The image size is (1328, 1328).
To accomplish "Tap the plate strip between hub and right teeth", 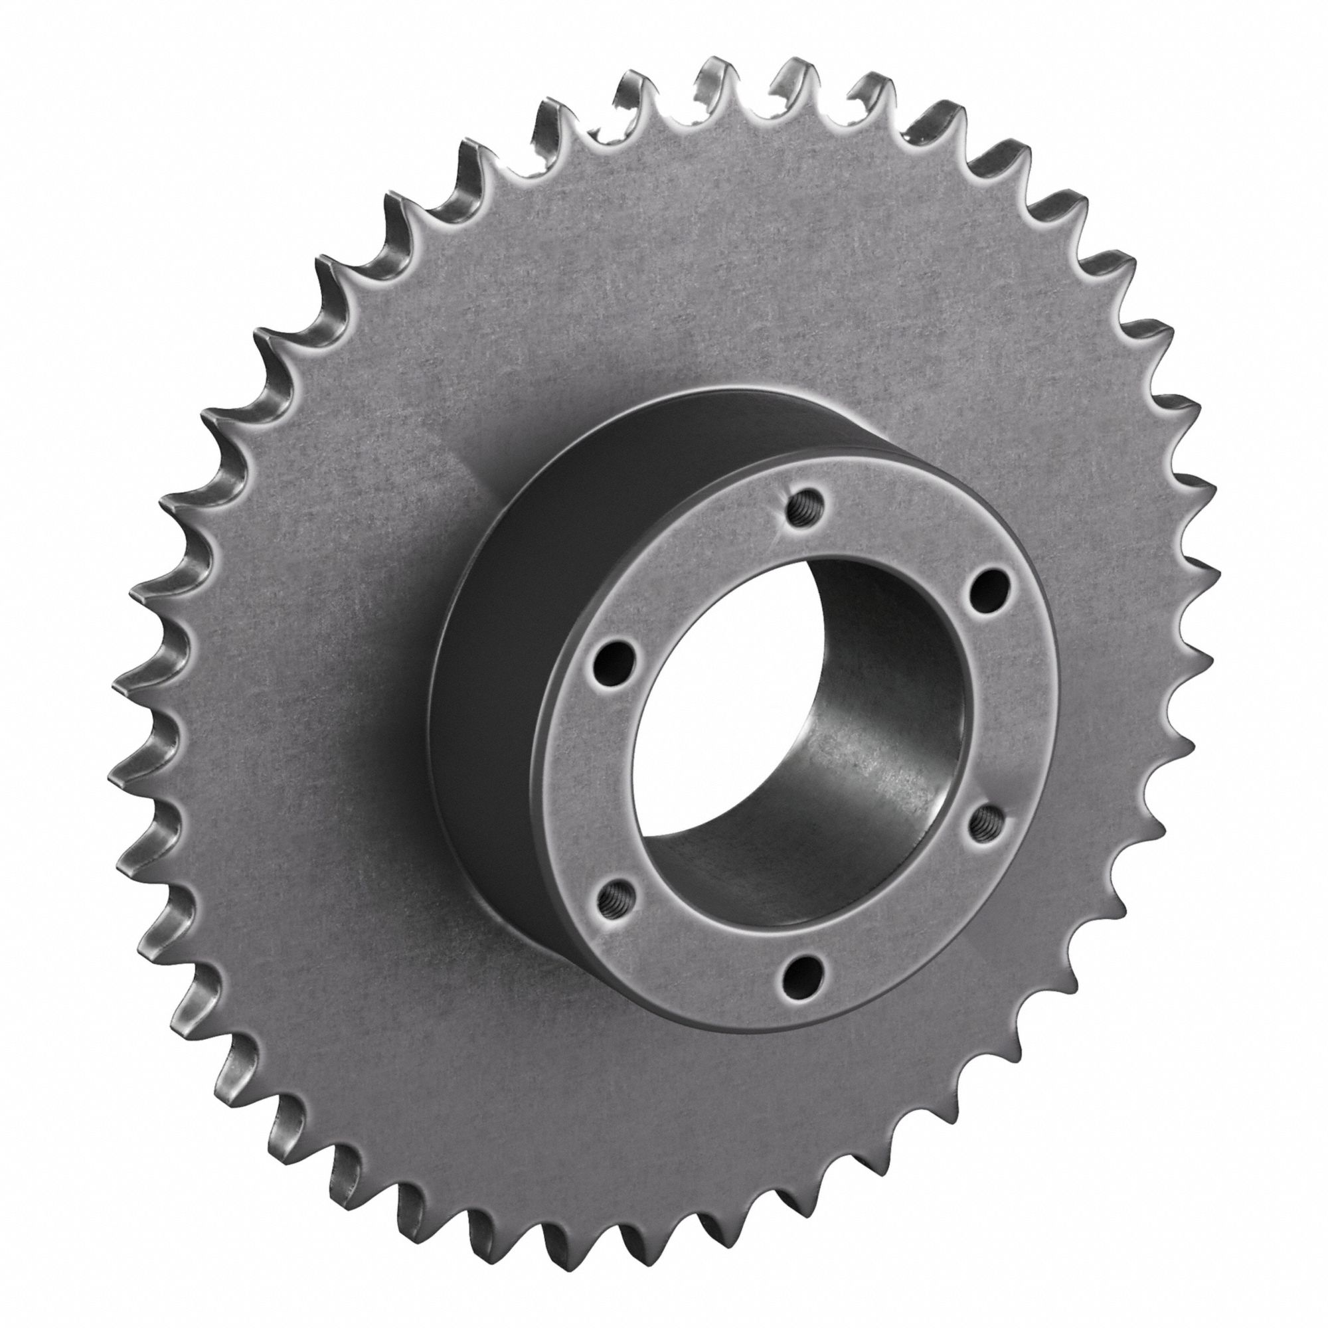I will pyautogui.click(x=1114, y=687).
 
